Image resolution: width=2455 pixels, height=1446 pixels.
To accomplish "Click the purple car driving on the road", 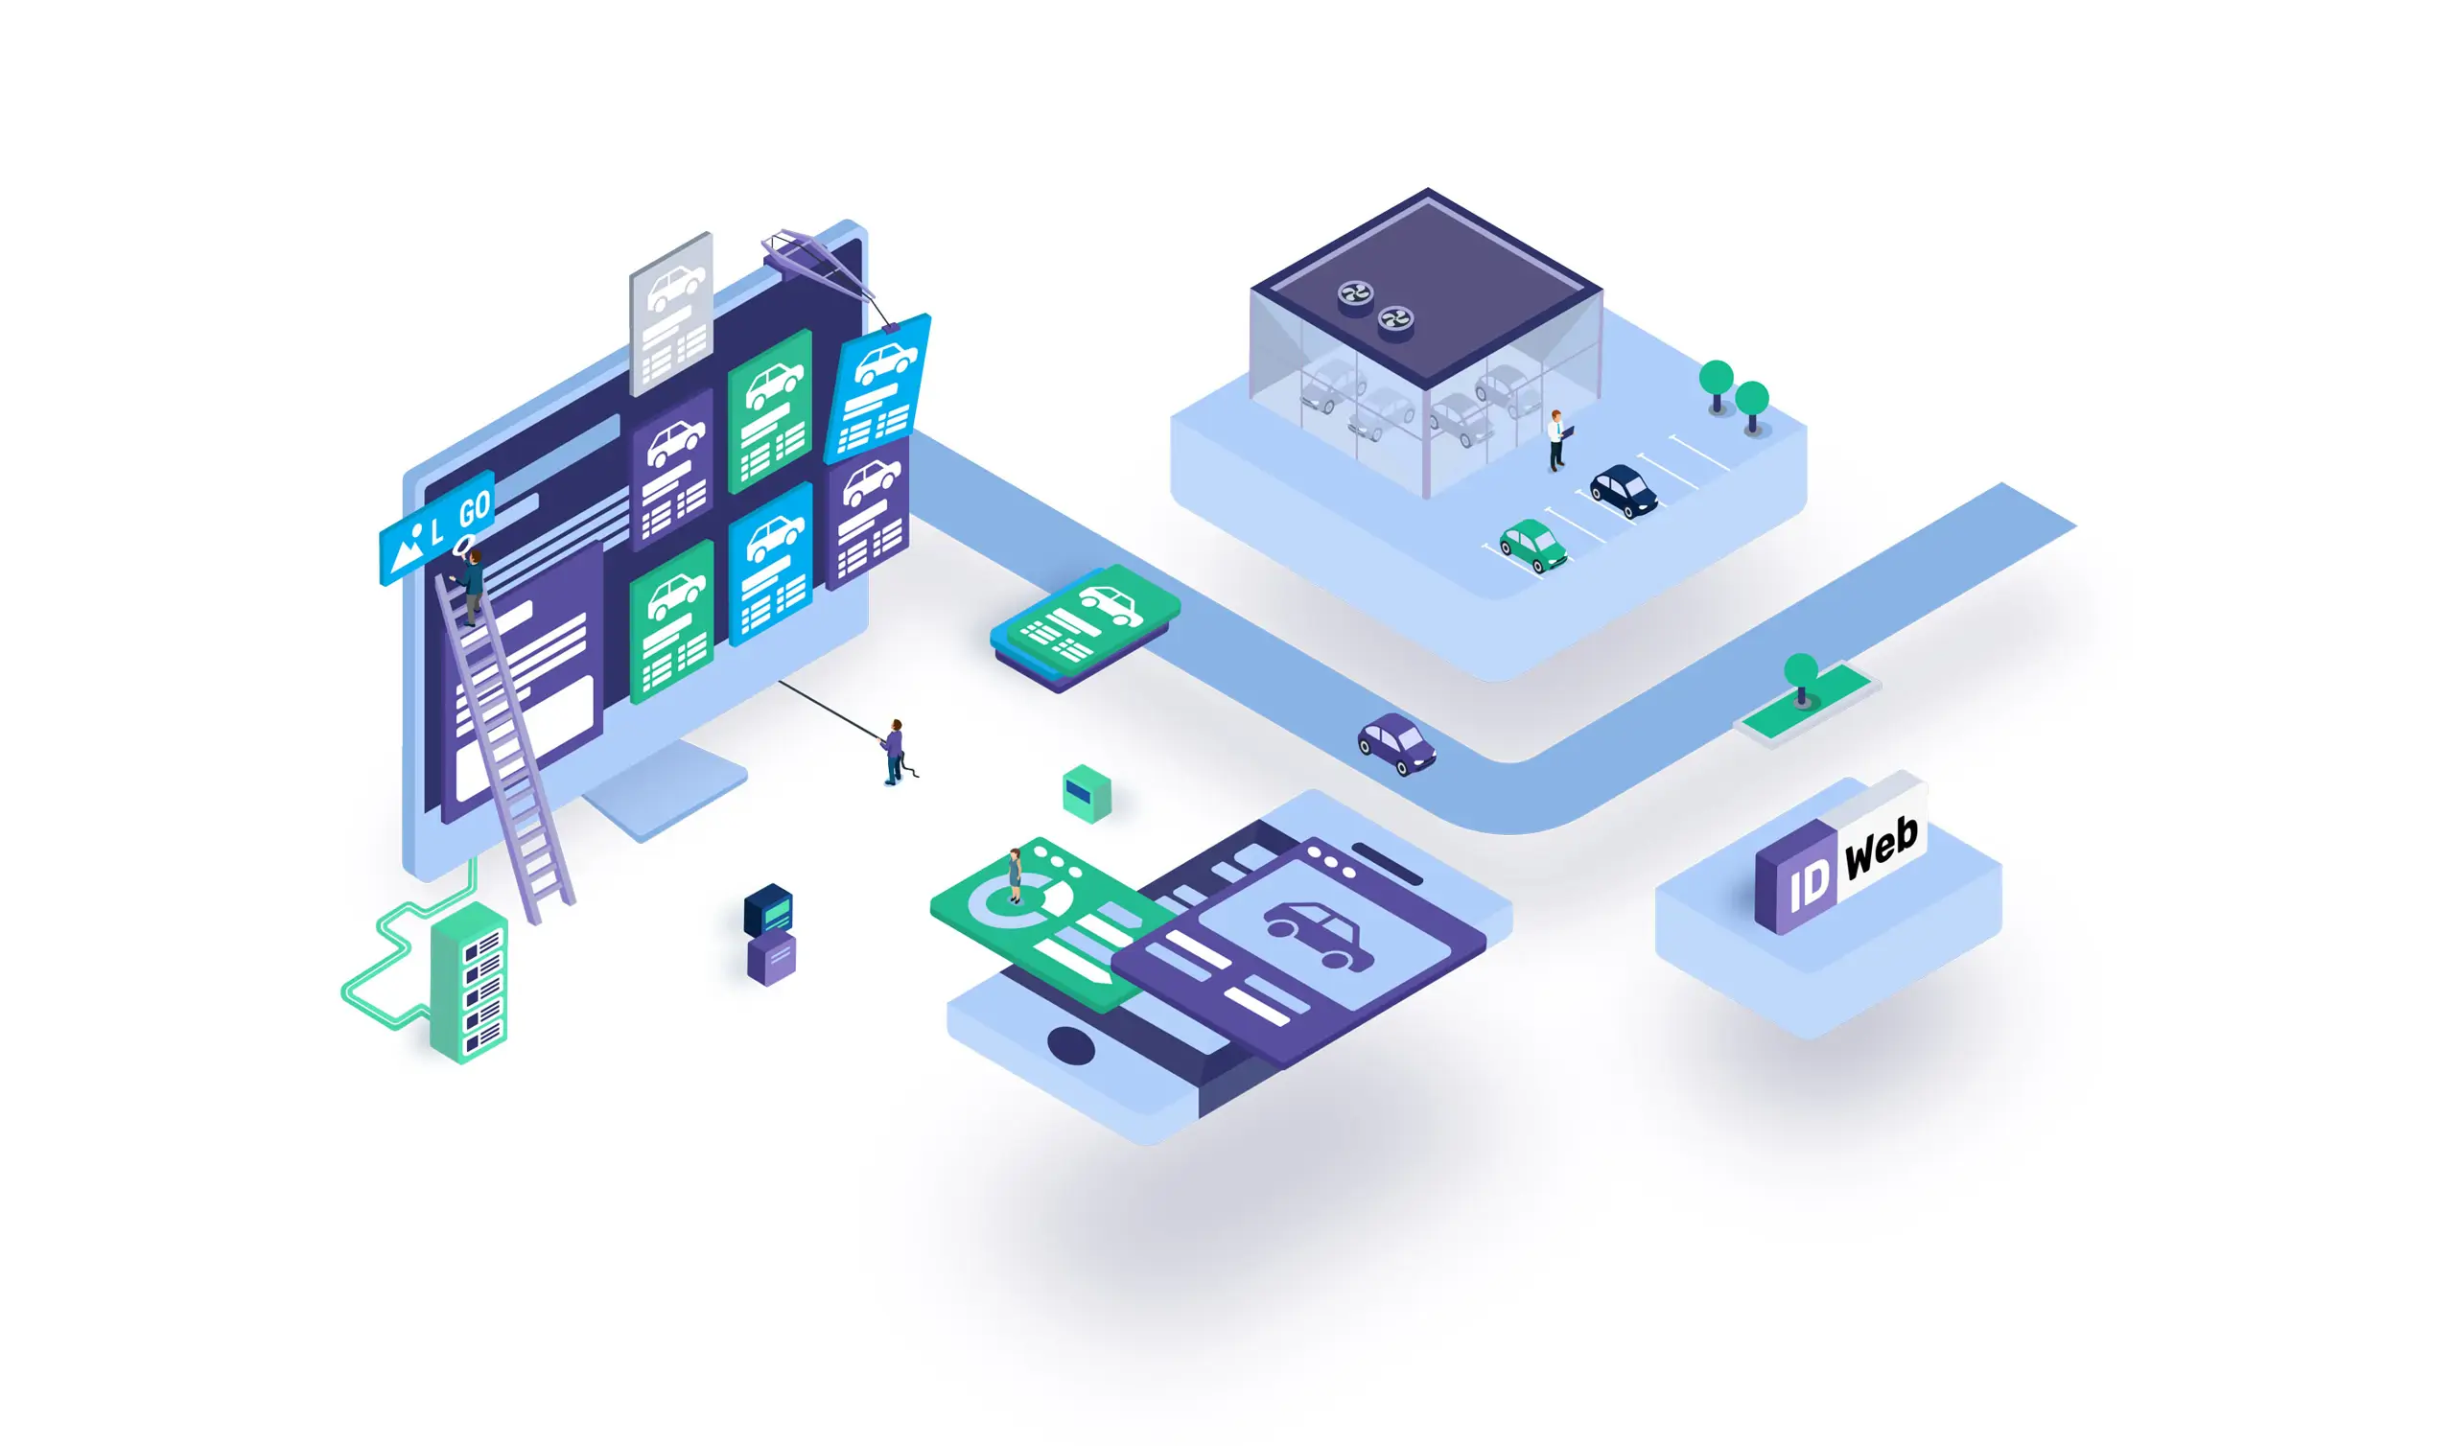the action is click(x=1396, y=743).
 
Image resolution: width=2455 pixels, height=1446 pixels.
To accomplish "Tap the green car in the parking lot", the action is click(x=1532, y=545).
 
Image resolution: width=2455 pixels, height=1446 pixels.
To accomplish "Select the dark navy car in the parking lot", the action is click(x=1624, y=490).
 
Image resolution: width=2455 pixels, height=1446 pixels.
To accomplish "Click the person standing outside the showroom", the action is click(x=1556, y=440).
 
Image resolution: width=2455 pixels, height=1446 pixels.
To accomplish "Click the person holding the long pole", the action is click(x=895, y=752).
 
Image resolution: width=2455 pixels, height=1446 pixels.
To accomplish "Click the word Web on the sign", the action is click(x=1882, y=843).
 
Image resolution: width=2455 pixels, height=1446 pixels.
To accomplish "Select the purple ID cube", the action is click(x=1795, y=877).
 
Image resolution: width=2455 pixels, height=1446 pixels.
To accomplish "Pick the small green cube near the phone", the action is click(x=1087, y=794).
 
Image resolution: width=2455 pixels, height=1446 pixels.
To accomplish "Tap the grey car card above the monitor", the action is click(x=671, y=314).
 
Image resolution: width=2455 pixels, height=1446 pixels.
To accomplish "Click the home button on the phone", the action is click(x=1070, y=1045).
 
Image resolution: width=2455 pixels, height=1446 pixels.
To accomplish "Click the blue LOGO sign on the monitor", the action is click(x=436, y=528).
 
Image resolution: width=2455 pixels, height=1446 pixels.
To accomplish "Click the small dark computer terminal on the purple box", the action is click(x=769, y=910).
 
